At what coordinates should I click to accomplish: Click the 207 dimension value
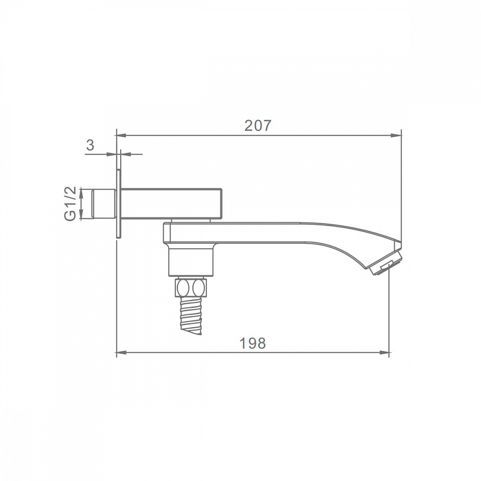(x=258, y=126)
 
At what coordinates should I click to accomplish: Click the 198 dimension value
(x=253, y=343)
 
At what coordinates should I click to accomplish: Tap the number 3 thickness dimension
(x=90, y=145)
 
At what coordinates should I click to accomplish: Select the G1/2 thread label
(x=70, y=203)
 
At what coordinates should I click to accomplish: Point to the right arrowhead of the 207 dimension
(x=397, y=135)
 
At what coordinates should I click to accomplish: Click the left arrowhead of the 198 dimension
(x=122, y=353)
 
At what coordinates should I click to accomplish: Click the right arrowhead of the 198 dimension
(x=384, y=353)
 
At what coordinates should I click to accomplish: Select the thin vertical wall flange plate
(x=119, y=203)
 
